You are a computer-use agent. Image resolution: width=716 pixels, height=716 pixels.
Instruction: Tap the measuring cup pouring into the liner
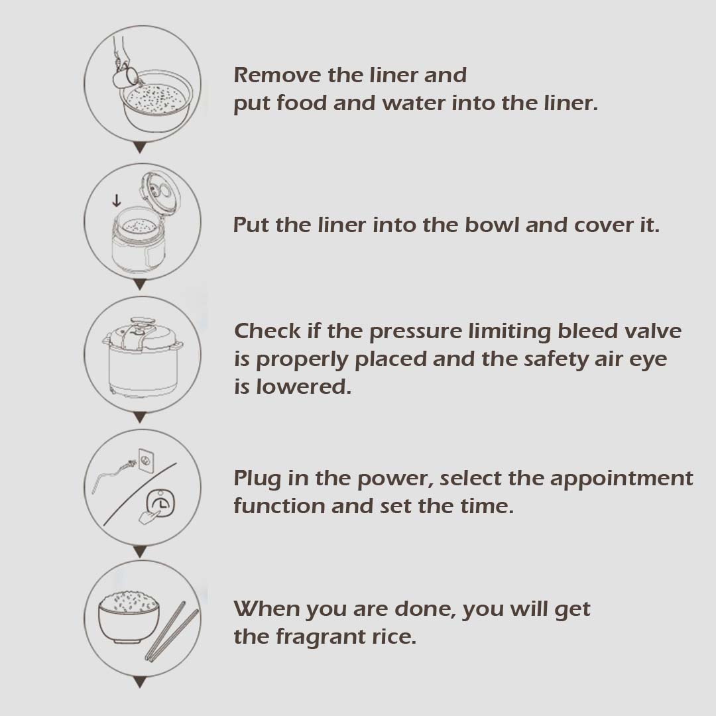[124, 76]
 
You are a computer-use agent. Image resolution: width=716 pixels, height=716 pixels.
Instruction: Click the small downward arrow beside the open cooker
[117, 200]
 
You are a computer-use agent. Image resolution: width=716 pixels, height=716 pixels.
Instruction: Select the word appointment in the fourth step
[621, 479]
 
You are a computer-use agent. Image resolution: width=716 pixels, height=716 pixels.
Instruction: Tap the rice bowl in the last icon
[129, 617]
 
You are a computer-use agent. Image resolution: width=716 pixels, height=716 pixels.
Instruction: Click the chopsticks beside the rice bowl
[172, 632]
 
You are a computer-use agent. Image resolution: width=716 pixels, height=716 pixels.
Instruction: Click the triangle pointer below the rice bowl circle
[140, 683]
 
